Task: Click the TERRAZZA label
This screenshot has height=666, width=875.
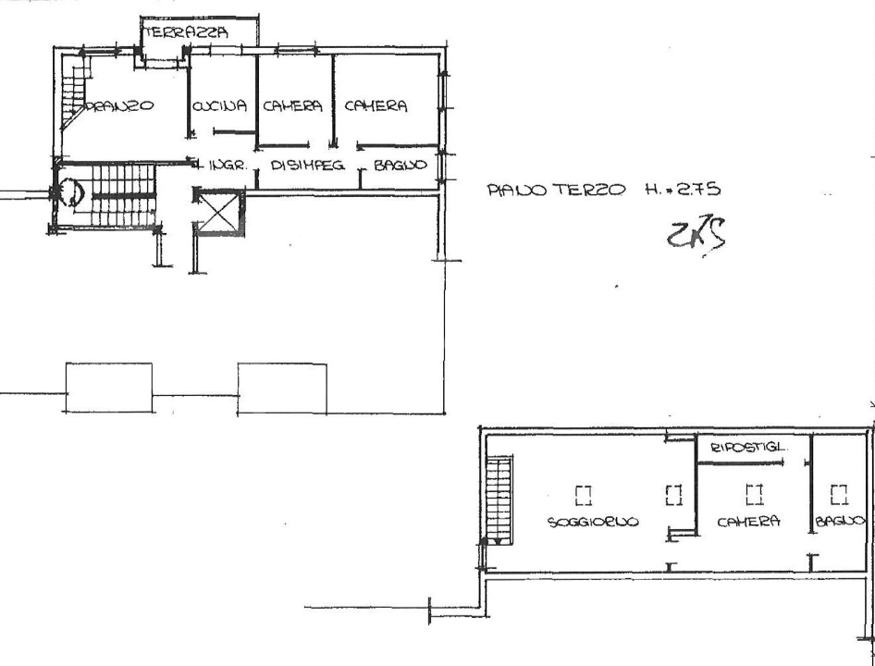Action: pyautogui.click(x=184, y=31)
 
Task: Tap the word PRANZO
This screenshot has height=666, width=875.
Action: pyautogui.click(x=120, y=106)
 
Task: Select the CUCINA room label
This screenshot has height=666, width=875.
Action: pyautogui.click(x=220, y=106)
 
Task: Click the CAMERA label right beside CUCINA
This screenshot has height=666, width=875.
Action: pyautogui.click(x=292, y=106)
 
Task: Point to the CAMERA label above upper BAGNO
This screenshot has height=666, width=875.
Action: pyautogui.click(x=376, y=106)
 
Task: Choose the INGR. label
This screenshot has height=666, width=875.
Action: pyautogui.click(x=225, y=166)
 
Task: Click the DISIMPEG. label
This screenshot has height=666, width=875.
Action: pyautogui.click(x=308, y=166)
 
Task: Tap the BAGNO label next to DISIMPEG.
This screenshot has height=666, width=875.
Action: pyautogui.click(x=400, y=166)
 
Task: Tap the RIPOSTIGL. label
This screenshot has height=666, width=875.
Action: pyautogui.click(x=748, y=448)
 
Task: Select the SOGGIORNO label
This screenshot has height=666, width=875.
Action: pyautogui.click(x=593, y=522)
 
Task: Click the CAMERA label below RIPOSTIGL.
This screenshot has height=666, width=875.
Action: pyautogui.click(x=748, y=522)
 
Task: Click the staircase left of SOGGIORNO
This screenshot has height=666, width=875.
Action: pyautogui.click(x=499, y=499)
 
